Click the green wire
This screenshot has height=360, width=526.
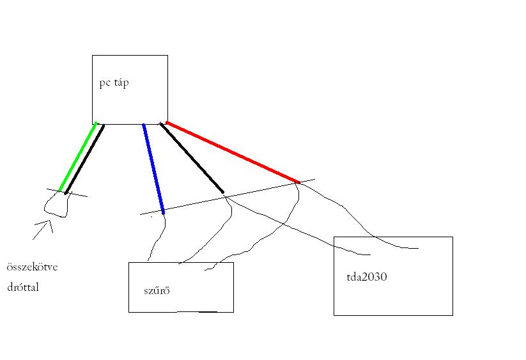[x=78, y=157]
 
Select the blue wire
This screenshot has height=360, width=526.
[x=153, y=168]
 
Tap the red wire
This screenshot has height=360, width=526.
[x=232, y=152]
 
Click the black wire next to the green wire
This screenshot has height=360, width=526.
[x=85, y=159]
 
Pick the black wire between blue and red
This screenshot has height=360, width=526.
[x=192, y=158]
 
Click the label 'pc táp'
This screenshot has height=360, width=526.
[x=114, y=83]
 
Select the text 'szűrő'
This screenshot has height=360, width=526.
[x=157, y=291]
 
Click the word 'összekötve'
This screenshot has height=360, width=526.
[x=32, y=267]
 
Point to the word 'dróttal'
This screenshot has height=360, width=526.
[x=23, y=287]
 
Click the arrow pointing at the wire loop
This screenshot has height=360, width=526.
[x=42, y=230]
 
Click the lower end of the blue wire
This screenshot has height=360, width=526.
[x=163, y=211]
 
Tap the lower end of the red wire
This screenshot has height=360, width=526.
[x=298, y=182]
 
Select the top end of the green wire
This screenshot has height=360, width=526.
[x=96, y=124]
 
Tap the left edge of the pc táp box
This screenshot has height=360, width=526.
[x=93, y=90]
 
